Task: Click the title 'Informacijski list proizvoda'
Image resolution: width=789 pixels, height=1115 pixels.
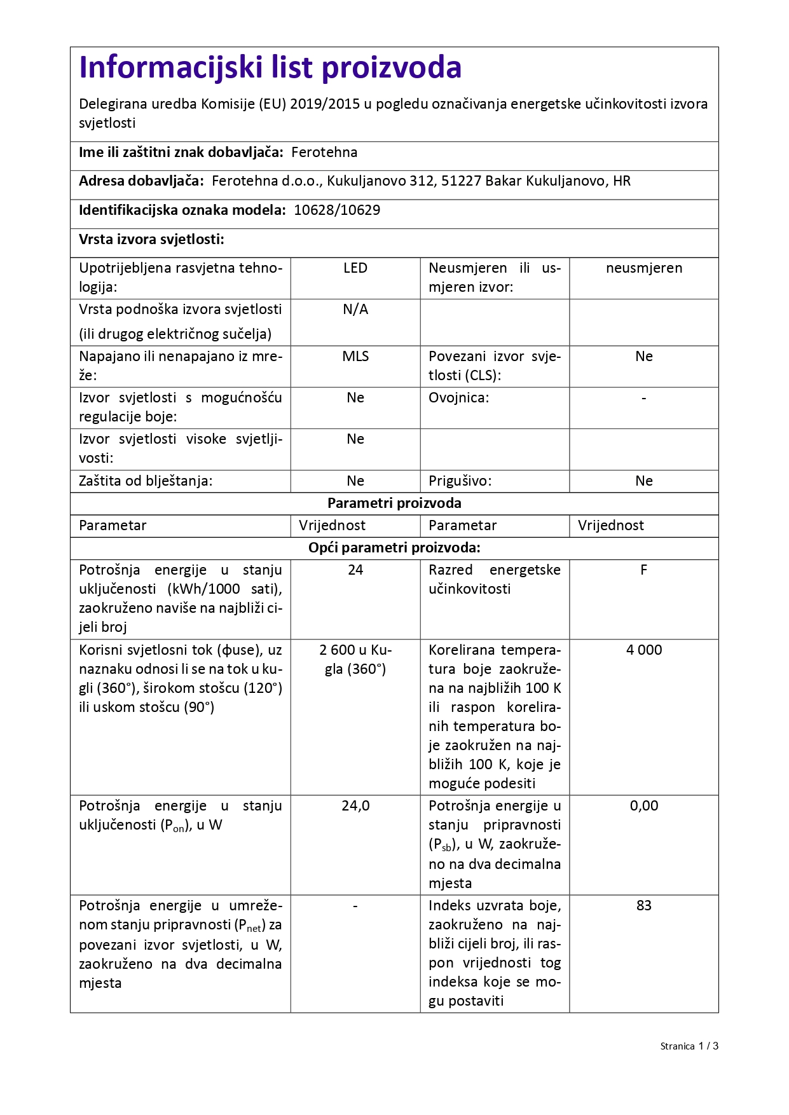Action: (270, 67)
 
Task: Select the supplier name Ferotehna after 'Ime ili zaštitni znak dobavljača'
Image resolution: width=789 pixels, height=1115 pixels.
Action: (324, 153)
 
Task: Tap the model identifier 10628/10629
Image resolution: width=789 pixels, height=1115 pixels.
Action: (337, 210)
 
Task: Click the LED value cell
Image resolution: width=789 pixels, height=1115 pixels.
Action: (355, 268)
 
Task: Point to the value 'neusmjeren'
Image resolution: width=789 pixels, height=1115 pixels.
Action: (644, 268)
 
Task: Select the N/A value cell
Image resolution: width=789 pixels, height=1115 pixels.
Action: (355, 310)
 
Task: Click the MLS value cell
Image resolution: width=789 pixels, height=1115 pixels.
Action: (355, 357)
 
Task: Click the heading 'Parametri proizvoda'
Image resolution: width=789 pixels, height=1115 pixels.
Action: (394, 503)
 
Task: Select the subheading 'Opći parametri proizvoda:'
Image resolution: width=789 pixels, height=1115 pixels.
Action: (394, 548)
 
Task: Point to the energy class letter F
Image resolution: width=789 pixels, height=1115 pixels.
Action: (644, 570)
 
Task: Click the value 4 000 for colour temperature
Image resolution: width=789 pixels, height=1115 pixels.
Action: (644, 650)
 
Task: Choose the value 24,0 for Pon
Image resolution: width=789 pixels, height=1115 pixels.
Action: (355, 806)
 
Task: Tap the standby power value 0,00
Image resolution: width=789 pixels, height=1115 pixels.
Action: (644, 806)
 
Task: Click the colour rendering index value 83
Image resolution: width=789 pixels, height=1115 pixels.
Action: (644, 906)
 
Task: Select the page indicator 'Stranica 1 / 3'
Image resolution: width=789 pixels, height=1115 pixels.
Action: (689, 1046)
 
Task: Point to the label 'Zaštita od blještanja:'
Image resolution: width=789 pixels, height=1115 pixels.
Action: (146, 481)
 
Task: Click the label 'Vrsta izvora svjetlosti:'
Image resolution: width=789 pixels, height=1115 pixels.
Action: (151, 240)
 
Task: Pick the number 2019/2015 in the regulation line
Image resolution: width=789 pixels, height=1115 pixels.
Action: (325, 104)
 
